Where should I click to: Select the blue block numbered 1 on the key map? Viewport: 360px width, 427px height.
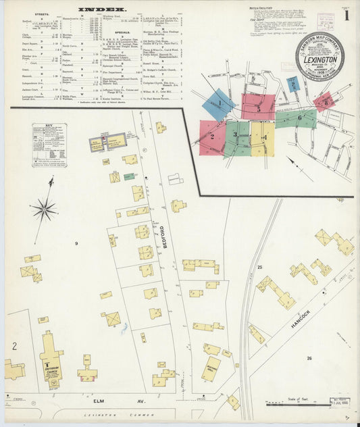(219, 104)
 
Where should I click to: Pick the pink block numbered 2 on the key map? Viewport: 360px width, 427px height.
(212, 136)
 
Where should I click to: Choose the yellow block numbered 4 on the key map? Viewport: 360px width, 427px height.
(263, 139)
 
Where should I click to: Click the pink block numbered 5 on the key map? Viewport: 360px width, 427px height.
(258, 107)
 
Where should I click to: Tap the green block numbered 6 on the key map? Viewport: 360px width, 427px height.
(297, 118)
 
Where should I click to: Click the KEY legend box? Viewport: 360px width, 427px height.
(49, 145)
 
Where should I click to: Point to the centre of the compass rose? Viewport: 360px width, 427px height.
(45, 209)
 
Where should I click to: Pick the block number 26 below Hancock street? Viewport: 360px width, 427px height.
(309, 358)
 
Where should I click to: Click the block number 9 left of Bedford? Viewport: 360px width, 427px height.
(76, 243)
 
